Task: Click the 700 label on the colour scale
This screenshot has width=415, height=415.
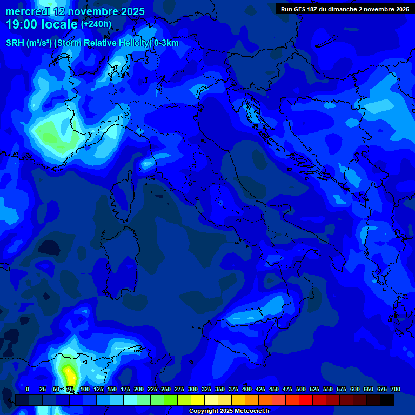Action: click(395, 389)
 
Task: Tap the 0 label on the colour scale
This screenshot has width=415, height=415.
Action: click(28, 389)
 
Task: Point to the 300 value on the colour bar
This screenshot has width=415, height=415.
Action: click(193, 389)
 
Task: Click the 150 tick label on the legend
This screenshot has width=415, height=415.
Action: click(112, 389)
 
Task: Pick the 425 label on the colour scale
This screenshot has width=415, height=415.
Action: click(260, 389)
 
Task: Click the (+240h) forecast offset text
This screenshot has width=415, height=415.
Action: click(96, 24)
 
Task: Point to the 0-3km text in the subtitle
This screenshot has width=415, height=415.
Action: click(166, 43)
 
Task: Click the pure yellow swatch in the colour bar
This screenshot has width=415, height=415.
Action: click(198, 400)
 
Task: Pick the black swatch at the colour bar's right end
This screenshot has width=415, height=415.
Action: click(387, 400)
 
